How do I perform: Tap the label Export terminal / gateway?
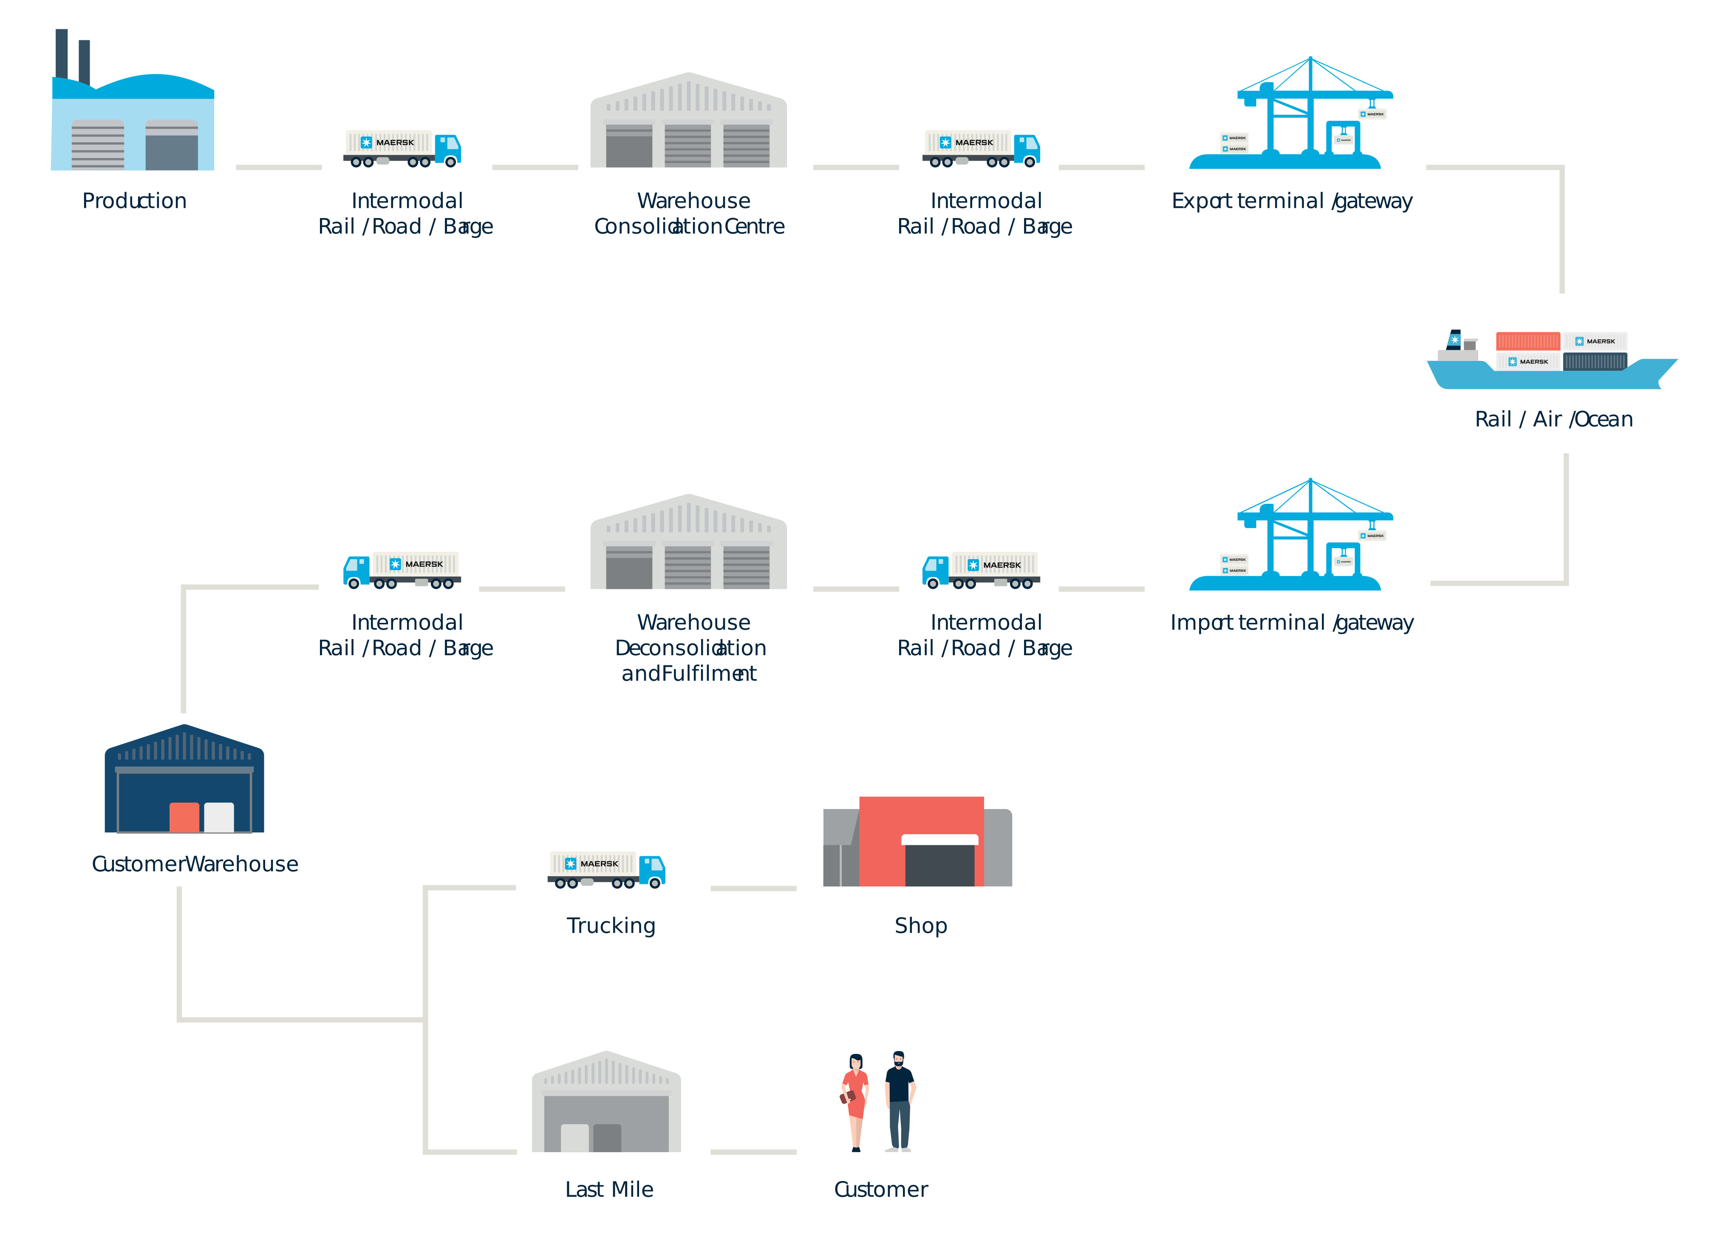click(1291, 201)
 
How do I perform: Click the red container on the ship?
click(1528, 341)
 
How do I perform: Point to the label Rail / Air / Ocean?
click(1553, 420)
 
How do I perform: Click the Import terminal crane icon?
click(1291, 534)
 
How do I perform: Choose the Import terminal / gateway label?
click(1291, 623)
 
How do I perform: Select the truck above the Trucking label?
click(606, 869)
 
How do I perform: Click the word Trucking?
click(611, 926)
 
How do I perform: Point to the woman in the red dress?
click(855, 1102)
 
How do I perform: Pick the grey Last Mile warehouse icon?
click(606, 1102)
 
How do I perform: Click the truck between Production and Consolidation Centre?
click(402, 148)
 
